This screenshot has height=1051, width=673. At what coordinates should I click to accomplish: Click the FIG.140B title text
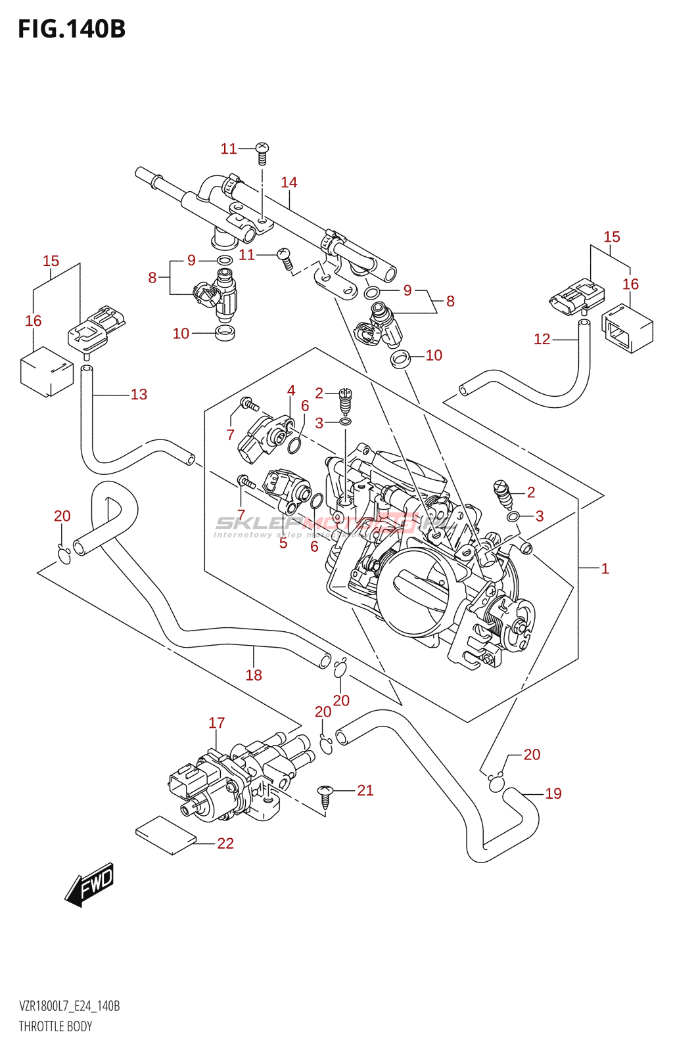(72, 30)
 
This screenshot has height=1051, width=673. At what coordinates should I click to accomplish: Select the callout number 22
(225, 843)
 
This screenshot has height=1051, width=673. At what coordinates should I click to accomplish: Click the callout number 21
(365, 790)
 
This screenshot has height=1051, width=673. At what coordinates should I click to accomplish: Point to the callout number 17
(217, 723)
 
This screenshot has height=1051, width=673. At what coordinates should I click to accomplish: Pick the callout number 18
(254, 675)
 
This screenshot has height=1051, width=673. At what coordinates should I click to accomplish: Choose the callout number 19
(553, 794)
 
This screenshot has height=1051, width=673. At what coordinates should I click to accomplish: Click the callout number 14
(289, 183)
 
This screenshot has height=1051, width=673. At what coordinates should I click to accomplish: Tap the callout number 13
(139, 395)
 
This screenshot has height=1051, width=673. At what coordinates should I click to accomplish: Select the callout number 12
(542, 339)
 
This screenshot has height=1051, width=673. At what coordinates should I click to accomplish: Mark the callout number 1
(605, 569)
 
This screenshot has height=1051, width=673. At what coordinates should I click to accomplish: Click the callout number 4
(291, 391)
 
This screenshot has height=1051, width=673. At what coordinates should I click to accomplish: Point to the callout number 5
(283, 543)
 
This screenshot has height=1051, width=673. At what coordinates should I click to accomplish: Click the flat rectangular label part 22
(166, 836)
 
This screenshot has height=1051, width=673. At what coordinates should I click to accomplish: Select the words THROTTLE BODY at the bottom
(55, 1027)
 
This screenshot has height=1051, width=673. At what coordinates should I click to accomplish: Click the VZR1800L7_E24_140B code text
(69, 1006)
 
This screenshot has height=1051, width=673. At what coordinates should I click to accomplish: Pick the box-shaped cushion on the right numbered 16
(628, 329)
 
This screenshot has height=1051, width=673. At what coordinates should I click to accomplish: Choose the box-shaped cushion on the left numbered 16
(46, 372)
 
